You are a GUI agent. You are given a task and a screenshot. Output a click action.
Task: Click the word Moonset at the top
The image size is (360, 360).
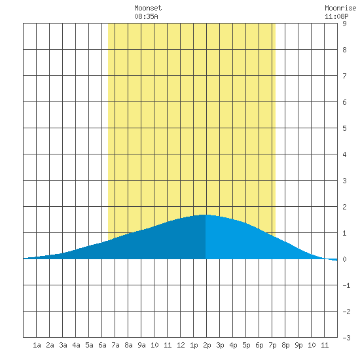[148, 8]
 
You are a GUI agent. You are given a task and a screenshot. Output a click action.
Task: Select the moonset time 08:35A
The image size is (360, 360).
[146, 16]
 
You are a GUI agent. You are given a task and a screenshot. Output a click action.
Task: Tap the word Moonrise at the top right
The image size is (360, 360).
[340, 8]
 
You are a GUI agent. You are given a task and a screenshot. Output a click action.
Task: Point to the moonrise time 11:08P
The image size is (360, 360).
[336, 16]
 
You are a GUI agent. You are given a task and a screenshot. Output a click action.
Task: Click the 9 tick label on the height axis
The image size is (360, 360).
[344, 24]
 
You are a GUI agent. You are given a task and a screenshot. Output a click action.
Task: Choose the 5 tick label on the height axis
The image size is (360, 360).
[344, 128]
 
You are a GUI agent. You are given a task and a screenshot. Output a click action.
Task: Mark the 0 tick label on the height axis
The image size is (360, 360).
[344, 259]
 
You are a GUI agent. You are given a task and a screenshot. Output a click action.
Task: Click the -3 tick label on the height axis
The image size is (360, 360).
[346, 338]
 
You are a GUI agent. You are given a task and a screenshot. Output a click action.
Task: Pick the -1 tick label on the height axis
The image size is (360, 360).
[346, 285]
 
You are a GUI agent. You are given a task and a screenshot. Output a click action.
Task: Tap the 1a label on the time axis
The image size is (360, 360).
[37, 345]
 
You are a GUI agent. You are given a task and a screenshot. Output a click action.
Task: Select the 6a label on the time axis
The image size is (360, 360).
[102, 345]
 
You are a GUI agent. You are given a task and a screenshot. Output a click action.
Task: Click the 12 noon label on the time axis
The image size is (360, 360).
[181, 345]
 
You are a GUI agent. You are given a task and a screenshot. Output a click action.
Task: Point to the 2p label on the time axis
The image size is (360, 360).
[207, 345]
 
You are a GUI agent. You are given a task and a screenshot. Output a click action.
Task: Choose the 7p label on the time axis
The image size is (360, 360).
[272, 345]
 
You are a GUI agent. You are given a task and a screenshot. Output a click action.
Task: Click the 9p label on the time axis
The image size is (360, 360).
[298, 345]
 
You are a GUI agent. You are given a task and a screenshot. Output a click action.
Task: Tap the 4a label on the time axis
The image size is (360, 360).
[76, 345]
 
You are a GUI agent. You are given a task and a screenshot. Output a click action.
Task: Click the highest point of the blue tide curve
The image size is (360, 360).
[205, 215]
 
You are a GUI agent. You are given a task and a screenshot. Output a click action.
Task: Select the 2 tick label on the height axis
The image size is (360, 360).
[344, 207]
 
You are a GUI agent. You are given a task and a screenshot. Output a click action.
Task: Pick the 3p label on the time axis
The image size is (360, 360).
[220, 345]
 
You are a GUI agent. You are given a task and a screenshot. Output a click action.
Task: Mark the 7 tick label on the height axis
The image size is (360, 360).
[344, 76]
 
